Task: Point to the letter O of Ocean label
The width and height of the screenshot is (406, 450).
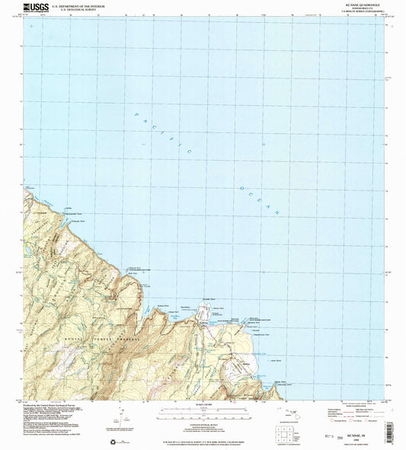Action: [241, 187]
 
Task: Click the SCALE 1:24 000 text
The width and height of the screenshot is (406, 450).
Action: [202, 403]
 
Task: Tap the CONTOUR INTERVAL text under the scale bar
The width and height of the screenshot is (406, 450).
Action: [202, 421]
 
